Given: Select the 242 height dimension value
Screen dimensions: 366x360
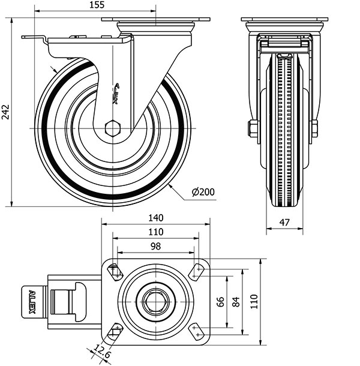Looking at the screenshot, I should (x=6, y=112).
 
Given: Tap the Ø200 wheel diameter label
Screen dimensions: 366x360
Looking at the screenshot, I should (x=203, y=193).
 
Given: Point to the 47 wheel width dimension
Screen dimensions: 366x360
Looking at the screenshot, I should (x=284, y=223).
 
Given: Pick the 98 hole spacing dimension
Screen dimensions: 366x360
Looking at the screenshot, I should (x=155, y=247).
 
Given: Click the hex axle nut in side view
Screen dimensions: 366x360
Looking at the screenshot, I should (x=112, y=128).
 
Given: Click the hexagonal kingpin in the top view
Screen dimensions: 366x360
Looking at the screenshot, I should (x=156, y=302).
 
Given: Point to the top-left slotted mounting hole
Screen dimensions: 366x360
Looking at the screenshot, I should (x=115, y=271).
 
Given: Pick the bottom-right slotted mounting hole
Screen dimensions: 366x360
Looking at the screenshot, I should (x=196, y=329).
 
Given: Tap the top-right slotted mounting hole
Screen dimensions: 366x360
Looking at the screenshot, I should (x=196, y=271).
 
